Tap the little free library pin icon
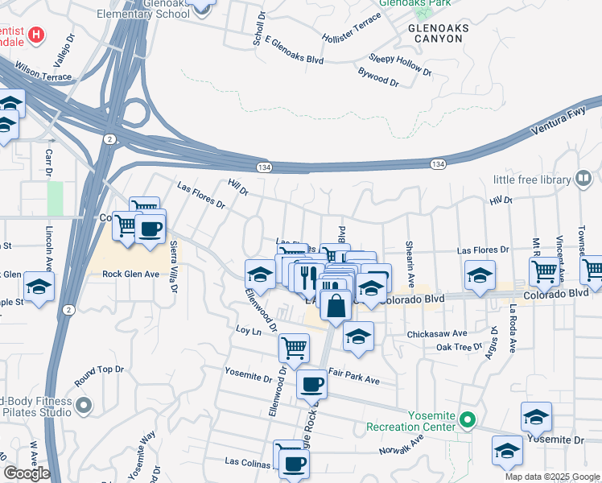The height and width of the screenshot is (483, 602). click(584, 179)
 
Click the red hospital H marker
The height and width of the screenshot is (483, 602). click(36, 35)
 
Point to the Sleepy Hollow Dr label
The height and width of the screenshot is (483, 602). click(399, 64)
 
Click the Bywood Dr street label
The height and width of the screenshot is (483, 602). click(378, 77)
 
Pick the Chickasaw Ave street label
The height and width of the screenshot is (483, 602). click(437, 332)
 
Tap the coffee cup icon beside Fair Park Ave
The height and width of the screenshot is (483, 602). click(311, 384)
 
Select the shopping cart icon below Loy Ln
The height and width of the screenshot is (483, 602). click(294, 348)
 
